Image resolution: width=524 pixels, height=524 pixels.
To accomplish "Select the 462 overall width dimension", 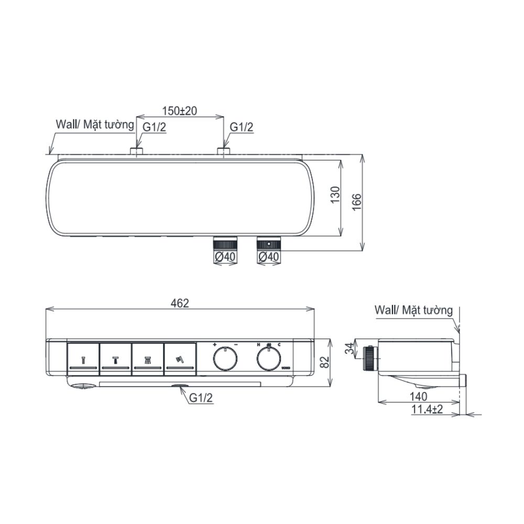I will click(x=179, y=303).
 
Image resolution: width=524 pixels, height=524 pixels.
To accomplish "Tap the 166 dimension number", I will click(x=356, y=201).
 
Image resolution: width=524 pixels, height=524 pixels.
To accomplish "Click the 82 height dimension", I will click(x=325, y=361).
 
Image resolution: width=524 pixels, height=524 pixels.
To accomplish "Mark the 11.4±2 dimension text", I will click(x=427, y=409).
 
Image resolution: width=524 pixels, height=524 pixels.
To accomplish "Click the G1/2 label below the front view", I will click(x=201, y=399).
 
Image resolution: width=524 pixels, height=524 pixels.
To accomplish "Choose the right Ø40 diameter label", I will click(x=269, y=257).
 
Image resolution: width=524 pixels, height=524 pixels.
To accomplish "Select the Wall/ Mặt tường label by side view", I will click(x=413, y=310).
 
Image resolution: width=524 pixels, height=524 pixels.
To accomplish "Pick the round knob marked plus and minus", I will click(x=225, y=359).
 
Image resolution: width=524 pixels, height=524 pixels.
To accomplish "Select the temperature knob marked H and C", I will click(x=268, y=359).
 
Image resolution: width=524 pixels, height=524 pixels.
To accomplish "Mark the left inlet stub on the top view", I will click(x=137, y=151).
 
